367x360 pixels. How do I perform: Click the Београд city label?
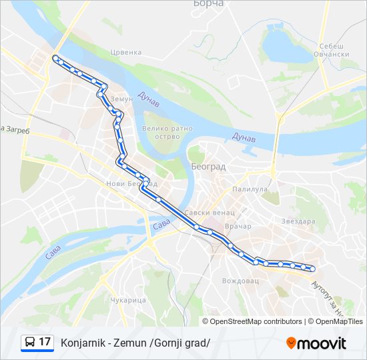pos(208,166)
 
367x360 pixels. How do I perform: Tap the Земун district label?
pos(121,99)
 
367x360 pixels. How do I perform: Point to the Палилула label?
pos(250,189)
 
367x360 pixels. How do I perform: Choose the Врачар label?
pos(238,226)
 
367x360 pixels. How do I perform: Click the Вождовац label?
pos(240,281)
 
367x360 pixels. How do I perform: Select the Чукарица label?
pos(127,300)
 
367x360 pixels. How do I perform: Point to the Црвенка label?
pos(126,52)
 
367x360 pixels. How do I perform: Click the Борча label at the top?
pos(208,4)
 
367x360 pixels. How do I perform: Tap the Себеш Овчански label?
pos(330,50)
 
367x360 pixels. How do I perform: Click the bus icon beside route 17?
pos(30,343)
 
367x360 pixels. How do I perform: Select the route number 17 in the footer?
pos(45,342)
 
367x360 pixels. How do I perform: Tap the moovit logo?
pos(316,343)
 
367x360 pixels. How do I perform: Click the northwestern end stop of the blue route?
pos(55,57)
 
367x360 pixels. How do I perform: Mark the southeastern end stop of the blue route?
pos(312,269)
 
